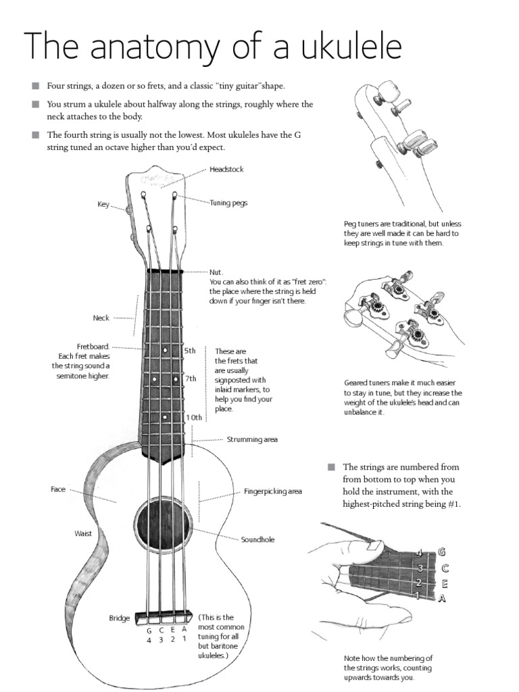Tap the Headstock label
[226, 169]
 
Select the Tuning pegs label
[228, 202]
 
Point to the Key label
[103, 203]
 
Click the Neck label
[101, 317]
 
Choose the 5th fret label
[190, 351]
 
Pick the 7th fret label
[190, 378]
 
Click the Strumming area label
[252, 439]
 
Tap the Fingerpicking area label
[272, 491]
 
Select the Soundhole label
[257, 540]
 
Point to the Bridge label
[119, 618]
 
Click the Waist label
[82, 533]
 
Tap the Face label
[58, 489]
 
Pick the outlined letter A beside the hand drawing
[442, 597]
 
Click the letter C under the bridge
[161, 630]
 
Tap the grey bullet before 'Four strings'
[35, 86]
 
